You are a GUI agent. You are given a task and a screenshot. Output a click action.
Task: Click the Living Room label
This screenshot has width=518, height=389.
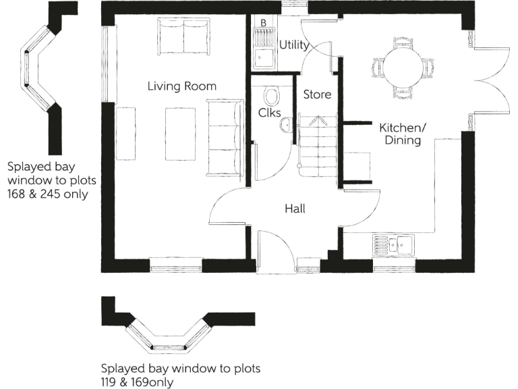coord(182,86)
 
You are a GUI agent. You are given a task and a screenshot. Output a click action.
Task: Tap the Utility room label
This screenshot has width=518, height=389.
coord(293,46)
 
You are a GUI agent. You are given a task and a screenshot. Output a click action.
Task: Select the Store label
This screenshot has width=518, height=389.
coord(316,95)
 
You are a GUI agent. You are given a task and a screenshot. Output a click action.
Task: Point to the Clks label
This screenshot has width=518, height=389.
coord(269,113)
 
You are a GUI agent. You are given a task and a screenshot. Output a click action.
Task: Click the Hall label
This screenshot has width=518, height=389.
coord(295,209)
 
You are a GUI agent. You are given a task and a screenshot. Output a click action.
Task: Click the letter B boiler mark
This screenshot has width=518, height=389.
coord(262,23)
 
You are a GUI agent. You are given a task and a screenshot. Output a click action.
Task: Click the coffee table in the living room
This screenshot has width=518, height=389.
coord(181,132)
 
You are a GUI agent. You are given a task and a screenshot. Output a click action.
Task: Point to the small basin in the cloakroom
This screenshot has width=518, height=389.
coord(286,124)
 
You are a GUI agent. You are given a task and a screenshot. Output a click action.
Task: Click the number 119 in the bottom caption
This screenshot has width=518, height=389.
coord(111,382)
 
